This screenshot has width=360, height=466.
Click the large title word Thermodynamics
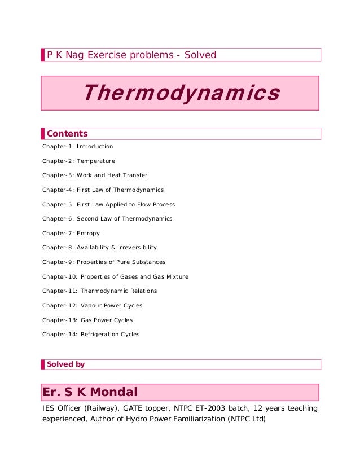pyautogui.click(x=181, y=93)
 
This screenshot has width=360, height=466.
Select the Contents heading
pyautogui.click(x=67, y=134)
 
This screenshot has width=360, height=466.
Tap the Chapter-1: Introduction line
pyautogui.click(x=78, y=147)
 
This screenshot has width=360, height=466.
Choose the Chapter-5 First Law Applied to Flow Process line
pyautogui.click(x=108, y=204)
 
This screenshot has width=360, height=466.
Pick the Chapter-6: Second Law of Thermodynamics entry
pyautogui.click(x=107, y=219)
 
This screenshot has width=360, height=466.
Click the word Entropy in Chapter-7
pyautogui.click(x=89, y=233)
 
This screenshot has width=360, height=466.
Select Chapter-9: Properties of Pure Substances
pyautogui.click(x=104, y=262)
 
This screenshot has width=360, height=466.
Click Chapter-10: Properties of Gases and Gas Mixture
pyautogui.click(x=115, y=276)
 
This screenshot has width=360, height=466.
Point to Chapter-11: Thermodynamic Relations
pyautogui.click(x=99, y=291)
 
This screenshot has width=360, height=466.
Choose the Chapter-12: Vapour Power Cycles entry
pyautogui.click(x=92, y=306)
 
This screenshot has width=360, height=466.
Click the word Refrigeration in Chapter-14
pyautogui.click(x=99, y=335)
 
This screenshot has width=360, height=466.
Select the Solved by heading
pyautogui.click(x=66, y=364)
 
